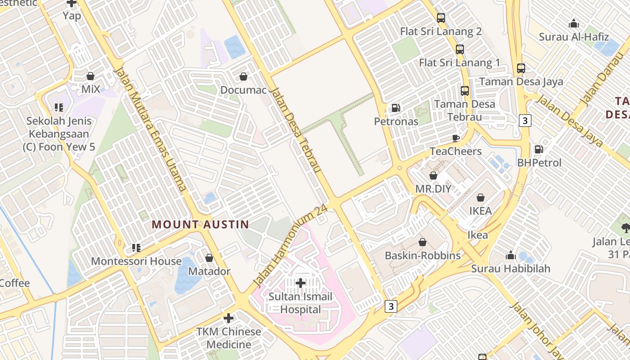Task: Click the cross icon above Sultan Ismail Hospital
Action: point(301,283)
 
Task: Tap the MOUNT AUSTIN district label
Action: point(200,224)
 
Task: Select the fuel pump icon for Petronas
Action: point(396,108)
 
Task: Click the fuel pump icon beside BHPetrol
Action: point(539,149)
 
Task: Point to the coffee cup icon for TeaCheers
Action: point(455,138)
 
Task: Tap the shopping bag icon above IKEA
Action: point(481,197)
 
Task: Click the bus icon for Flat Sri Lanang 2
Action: point(441,18)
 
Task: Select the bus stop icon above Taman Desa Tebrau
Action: point(465,90)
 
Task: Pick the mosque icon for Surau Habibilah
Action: point(510,255)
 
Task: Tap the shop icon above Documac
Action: point(243,76)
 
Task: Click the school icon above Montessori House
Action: point(136,247)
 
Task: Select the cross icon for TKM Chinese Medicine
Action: point(229,318)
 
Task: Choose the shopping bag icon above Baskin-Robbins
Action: point(423,242)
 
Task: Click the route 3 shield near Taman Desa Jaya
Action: point(525,120)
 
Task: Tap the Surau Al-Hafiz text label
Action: point(574,37)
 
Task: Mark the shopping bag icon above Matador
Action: point(209,258)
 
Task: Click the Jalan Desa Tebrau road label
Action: point(296,130)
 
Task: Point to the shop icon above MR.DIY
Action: point(433,175)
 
